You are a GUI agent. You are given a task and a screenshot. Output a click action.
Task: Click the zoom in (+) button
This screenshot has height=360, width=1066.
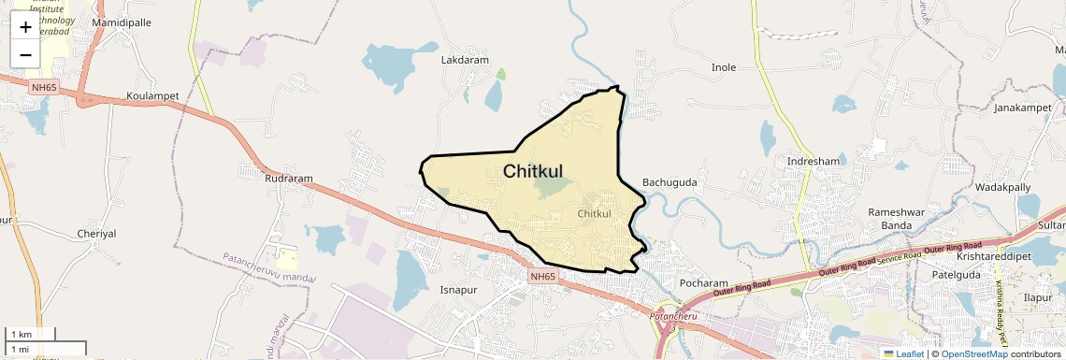tap(25, 27)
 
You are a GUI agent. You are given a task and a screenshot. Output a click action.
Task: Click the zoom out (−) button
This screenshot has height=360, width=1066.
tap(25, 54)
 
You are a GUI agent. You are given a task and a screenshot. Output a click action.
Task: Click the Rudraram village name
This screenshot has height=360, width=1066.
tap(288, 178)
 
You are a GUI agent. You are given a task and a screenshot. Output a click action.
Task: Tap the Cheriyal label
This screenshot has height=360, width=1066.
tap(96, 234)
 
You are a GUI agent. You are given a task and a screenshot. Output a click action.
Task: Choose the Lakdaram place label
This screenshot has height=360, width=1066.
tap(465, 60)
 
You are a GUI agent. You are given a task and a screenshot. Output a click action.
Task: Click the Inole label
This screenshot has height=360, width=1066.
tap(724, 67)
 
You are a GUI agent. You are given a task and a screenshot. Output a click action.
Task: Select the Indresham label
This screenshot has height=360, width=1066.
tap(814, 161)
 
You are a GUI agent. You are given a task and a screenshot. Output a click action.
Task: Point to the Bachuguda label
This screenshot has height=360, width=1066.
tap(670, 182)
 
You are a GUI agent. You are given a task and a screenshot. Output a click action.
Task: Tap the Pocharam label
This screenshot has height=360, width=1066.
tap(677, 283)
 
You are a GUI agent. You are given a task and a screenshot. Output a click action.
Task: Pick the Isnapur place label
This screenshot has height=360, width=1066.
tap(460, 291)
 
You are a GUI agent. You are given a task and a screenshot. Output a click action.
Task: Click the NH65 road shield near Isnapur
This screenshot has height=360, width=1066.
tap(542, 277)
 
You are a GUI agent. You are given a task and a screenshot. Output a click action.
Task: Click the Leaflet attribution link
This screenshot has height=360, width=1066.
tap(903, 353)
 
